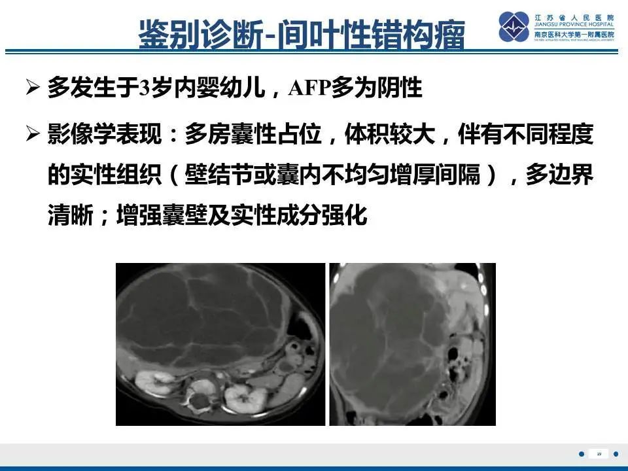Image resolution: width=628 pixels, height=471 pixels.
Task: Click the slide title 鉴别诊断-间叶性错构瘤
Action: [x=302, y=33]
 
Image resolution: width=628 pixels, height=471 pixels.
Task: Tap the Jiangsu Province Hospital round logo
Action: [x=514, y=27]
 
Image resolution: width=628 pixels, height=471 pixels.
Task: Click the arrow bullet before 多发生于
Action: [x=33, y=88]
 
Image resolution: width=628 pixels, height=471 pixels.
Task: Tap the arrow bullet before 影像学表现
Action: [x=33, y=136]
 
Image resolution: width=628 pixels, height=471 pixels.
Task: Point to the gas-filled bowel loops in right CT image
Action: [x=453, y=366]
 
